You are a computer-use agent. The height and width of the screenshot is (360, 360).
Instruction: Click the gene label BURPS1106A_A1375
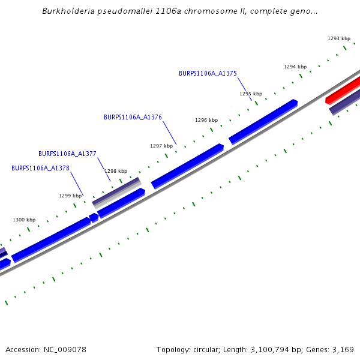(x=208, y=73)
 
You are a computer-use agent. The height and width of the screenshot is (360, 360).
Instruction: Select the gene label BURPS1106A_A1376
(x=133, y=118)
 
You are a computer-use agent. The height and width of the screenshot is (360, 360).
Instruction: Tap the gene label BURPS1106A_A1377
(x=67, y=154)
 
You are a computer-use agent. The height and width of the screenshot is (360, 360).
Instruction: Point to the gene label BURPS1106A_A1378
(x=40, y=168)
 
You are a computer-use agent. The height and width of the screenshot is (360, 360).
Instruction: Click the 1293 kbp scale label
(x=339, y=38)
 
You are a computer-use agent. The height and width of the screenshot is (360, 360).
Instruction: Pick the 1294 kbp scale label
(x=295, y=67)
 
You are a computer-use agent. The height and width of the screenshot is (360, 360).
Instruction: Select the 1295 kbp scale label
(x=251, y=94)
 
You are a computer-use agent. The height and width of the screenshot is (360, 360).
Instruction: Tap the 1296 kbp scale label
(x=206, y=120)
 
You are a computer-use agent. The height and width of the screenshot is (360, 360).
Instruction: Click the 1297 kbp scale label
(x=161, y=146)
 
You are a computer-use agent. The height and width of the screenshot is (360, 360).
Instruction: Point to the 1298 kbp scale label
(x=116, y=171)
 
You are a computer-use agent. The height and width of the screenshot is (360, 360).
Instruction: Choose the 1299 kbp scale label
(x=70, y=196)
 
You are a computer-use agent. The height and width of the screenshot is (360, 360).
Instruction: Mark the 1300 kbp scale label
(x=24, y=220)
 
